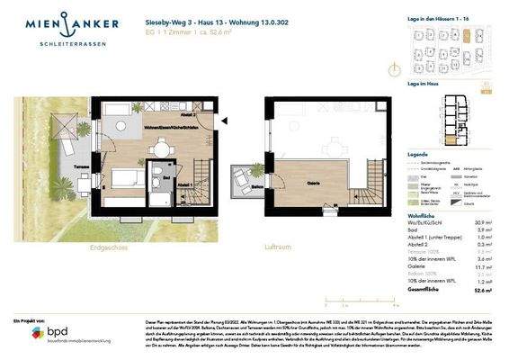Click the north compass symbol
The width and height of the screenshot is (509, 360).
tap(392, 68)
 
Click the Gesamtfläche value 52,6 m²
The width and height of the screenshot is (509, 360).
tap(484, 291)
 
